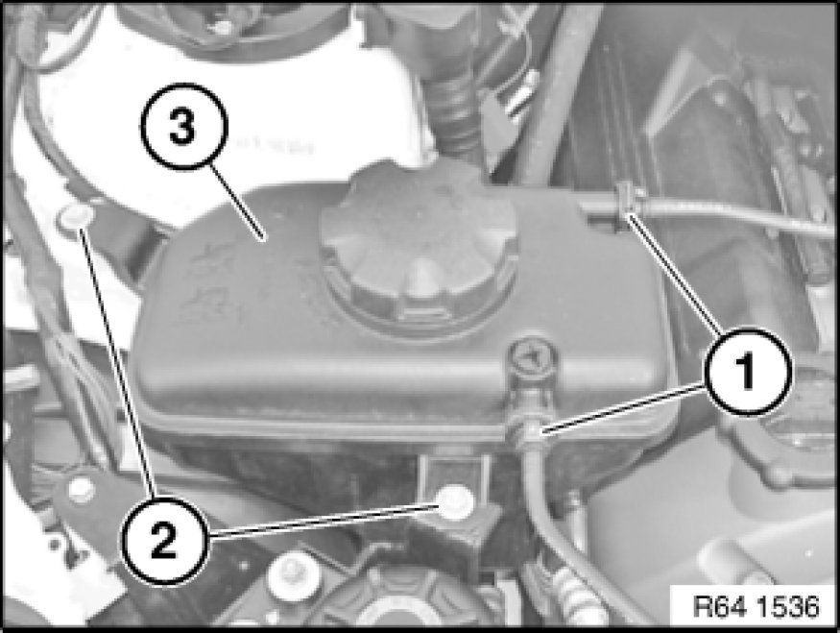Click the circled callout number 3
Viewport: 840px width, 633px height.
tap(183, 127)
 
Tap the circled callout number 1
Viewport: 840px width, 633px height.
tap(747, 371)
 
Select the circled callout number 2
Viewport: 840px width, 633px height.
tap(164, 540)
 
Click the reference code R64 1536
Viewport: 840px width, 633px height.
tap(756, 606)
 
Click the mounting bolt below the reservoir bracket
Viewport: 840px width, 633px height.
tap(455, 502)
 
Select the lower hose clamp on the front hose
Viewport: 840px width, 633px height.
tap(528, 431)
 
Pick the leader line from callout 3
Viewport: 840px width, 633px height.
tap(237, 203)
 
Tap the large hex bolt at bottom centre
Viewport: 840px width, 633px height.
tap(293, 576)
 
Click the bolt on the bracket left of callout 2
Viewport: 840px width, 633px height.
tap(81, 491)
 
